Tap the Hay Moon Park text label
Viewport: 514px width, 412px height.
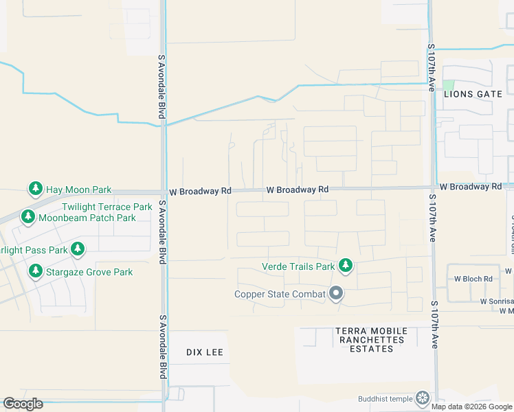(78, 189)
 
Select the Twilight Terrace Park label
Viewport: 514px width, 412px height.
(107, 207)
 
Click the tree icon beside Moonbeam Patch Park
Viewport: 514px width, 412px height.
(27, 218)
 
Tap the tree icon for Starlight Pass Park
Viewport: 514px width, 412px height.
(78, 249)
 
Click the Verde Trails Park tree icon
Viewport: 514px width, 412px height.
(346, 266)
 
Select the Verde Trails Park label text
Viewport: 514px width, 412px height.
(298, 266)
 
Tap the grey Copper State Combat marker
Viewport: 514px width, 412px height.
(336, 295)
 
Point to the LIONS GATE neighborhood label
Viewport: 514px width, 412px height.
(468, 93)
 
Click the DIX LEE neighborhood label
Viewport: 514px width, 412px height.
(205, 352)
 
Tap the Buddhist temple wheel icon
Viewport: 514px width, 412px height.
(423, 398)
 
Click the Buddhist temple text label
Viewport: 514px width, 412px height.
(385, 399)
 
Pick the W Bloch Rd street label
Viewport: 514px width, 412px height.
(473, 279)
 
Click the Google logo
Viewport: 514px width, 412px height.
(23, 404)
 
